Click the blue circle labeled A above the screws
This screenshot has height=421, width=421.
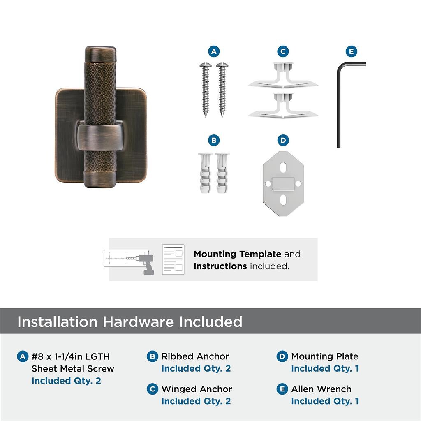(x=214, y=51)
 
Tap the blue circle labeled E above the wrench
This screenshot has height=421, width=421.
(x=352, y=51)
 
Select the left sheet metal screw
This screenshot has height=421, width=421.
(x=206, y=90)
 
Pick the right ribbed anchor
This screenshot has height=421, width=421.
(x=222, y=173)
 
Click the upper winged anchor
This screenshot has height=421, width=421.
(x=283, y=76)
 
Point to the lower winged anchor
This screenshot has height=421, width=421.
(x=283, y=106)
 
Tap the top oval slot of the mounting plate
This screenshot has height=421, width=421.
(x=283, y=168)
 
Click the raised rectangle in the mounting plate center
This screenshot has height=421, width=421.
(x=283, y=184)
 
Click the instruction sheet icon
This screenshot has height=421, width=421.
(x=173, y=259)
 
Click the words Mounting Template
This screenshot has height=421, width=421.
(x=237, y=254)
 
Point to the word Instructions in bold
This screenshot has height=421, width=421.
(x=220, y=266)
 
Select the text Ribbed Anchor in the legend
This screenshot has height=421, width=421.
(x=195, y=356)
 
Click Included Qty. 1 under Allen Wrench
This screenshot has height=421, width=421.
(x=325, y=401)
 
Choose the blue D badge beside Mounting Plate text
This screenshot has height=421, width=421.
(x=282, y=356)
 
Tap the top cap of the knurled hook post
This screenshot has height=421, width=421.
(x=100, y=55)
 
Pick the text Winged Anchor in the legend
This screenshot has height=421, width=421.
(x=197, y=389)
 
